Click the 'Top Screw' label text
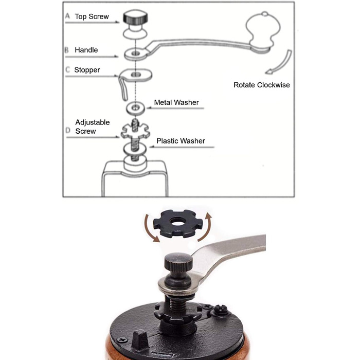[x=92, y=16]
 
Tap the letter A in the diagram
[x=67, y=16]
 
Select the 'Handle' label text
[x=86, y=50]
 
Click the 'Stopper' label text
[x=87, y=70]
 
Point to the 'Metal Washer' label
[x=176, y=102]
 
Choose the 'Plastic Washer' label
[x=181, y=141]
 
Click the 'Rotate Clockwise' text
[x=261, y=85]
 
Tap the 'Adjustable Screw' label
[x=92, y=127]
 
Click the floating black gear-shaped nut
[x=177, y=223]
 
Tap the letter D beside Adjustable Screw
[x=68, y=130]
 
